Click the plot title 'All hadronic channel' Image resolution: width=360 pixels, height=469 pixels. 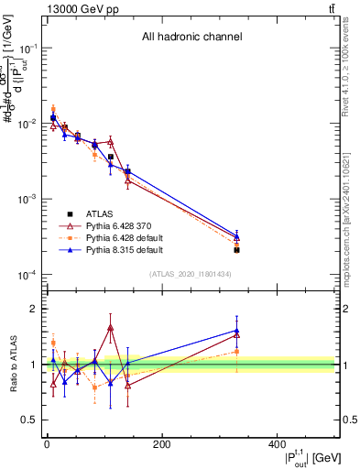[191, 38]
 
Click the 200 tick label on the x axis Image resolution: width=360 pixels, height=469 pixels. [161, 444]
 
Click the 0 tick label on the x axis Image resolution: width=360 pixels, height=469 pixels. [47, 444]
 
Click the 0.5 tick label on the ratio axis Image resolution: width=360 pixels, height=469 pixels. [29, 420]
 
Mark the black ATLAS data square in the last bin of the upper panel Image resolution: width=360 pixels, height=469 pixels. [236, 250]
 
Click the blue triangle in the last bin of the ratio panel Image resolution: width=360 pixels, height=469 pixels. [236, 331]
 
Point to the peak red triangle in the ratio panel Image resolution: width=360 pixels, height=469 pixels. [110, 327]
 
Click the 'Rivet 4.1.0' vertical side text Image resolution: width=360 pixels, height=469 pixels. [352, 73]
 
